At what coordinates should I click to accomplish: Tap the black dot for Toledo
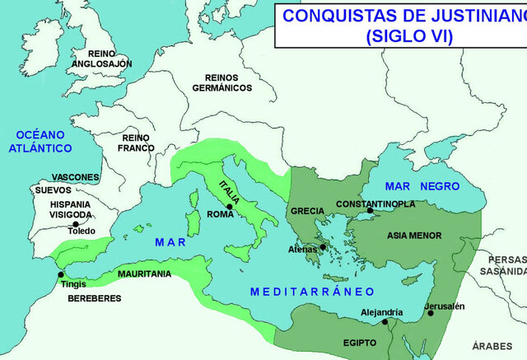point(76,223)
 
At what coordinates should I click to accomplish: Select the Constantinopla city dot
point(371,211)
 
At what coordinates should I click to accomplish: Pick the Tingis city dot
point(60,275)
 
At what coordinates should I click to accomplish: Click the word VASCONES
point(75,177)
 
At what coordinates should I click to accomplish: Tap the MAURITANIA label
point(144,273)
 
